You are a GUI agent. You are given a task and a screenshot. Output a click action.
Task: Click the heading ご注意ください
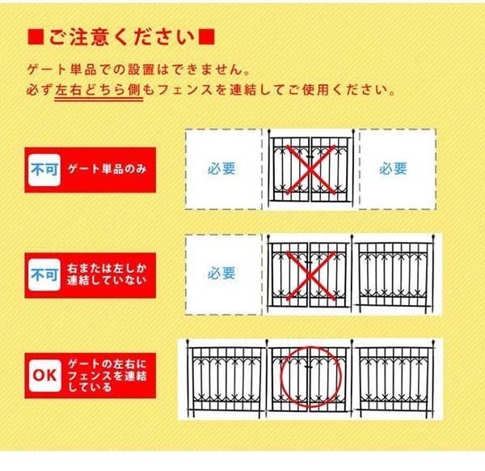coord(122,37)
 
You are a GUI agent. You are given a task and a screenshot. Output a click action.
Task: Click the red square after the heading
coord(206,37)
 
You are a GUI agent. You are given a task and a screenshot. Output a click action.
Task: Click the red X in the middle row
coord(311,274)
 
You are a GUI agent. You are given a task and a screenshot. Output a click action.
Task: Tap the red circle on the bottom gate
coord(312,377)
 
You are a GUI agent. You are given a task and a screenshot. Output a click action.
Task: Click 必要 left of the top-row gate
coord(221,169)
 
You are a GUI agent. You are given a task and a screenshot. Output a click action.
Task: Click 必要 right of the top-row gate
coord(394,169)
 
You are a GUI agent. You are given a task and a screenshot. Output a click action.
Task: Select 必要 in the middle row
coord(221,274)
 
